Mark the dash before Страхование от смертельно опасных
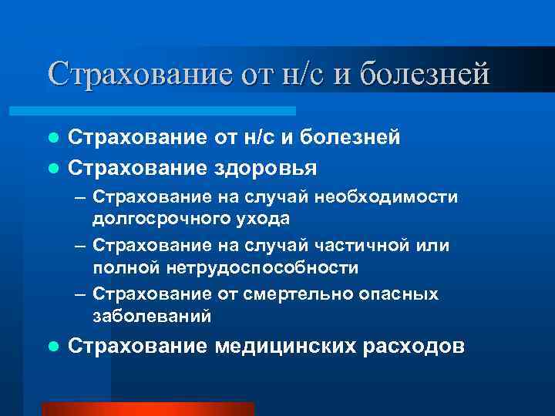click(81, 295)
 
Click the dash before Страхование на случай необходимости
click(81, 199)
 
